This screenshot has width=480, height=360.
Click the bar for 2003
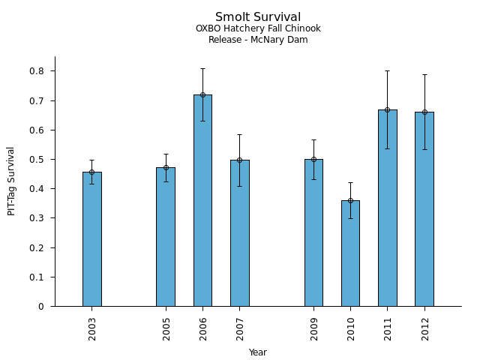click(x=92, y=240)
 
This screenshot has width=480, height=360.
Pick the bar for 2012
click(x=424, y=209)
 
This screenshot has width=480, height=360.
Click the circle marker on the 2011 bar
click(x=388, y=109)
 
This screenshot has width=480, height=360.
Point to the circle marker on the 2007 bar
click(x=239, y=160)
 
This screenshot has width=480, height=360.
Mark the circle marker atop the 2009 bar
click(x=313, y=159)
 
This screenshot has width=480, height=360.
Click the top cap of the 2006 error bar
click(x=202, y=69)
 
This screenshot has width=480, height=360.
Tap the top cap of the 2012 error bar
click(x=424, y=74)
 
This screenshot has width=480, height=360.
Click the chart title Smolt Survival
click(x=258, y=17)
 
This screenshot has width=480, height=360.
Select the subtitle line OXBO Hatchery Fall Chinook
click(x=258, y=29)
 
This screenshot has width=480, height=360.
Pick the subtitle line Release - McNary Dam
click(x=258, y=40)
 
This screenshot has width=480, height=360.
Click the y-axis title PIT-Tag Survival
click(x=11, y=181)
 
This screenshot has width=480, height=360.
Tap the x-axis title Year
click(x=258, y=352)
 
